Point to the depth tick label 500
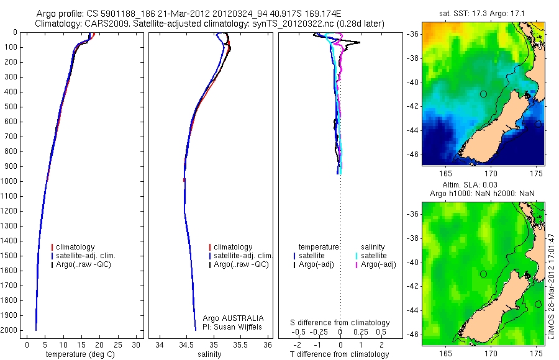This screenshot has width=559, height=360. [x=13, y=107]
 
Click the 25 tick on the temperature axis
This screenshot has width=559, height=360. [x=118, y=344]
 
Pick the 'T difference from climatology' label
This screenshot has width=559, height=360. [x=340, y=354]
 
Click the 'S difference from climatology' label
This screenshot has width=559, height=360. [x=340, y=323]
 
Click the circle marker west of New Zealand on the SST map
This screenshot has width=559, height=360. [x=483, y=94]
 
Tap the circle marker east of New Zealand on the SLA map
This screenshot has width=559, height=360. [x=538, y=304]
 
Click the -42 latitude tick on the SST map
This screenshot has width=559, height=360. [x=413, y=106]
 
